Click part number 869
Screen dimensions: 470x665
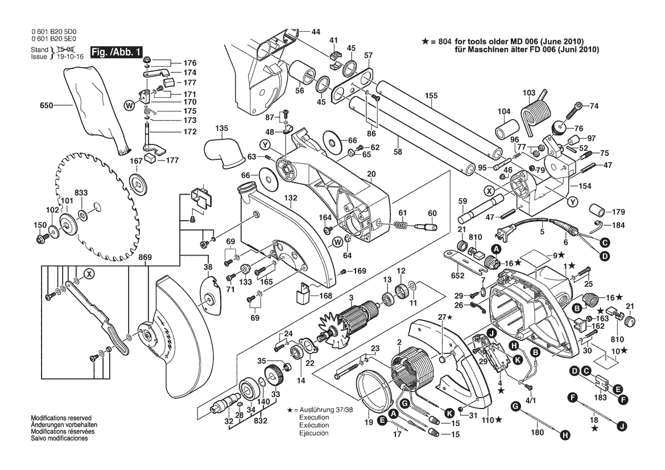click(145, 257)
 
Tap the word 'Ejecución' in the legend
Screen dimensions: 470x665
click(314, 433)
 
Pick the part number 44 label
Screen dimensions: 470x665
click(316, 32)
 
